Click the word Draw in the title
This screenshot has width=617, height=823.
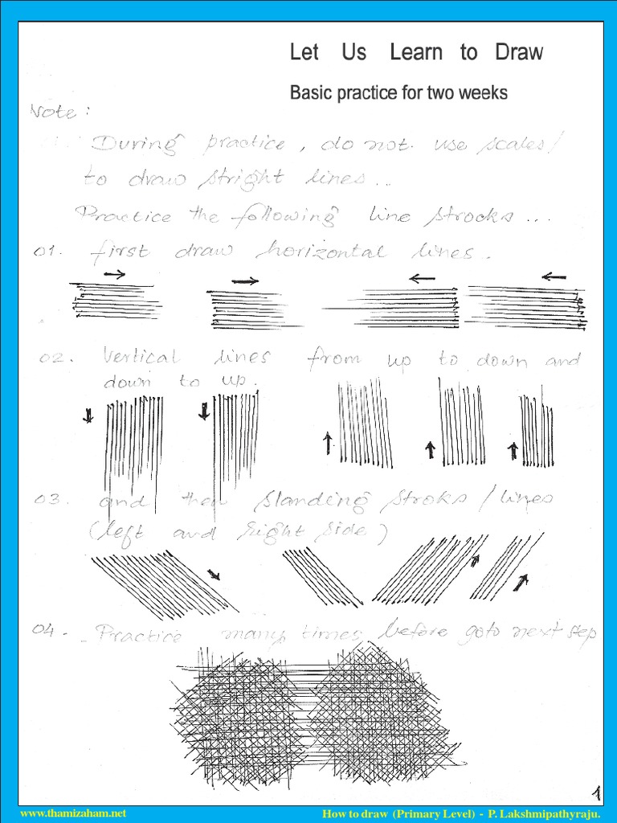(x=519, y=53)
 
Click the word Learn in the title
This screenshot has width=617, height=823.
(x=415, y=53)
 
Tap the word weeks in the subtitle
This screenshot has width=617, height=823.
(x=483, y=93)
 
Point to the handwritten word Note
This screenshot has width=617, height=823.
(x=55, y=112)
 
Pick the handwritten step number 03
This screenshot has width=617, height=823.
(x=52, y=501)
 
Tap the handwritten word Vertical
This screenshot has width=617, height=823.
(x=141, y=357)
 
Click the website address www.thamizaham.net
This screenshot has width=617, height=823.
(x=73, y=813)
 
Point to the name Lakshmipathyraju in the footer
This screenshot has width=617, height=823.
(x=562, y=813)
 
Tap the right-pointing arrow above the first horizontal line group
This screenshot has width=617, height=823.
(x=114, y=274)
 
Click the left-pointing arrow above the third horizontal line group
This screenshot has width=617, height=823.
(x=421, y=278)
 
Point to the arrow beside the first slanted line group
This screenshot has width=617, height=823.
(x=214, y=575)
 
